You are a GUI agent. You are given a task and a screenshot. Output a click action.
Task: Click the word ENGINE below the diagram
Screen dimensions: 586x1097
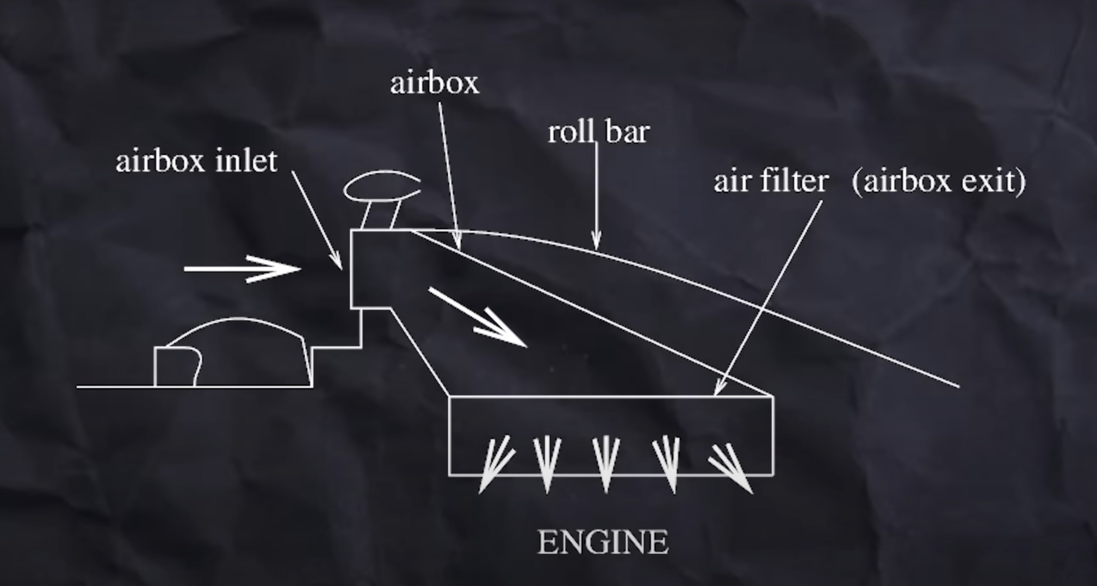(603, 542)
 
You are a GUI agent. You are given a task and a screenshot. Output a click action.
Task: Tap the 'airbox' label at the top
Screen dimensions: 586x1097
(434, 83)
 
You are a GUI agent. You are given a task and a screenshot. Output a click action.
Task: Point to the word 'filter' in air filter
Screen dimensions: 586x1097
(795, 181)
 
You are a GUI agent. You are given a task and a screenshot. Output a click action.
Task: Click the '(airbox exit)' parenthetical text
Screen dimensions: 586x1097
(939, 181)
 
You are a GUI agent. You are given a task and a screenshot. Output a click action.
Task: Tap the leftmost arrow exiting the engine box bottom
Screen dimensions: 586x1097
(495, 465)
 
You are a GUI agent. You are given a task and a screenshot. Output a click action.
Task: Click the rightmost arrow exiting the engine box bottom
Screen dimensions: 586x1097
(732, 468)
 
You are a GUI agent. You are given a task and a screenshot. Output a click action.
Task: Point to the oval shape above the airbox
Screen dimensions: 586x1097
(381, 186)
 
